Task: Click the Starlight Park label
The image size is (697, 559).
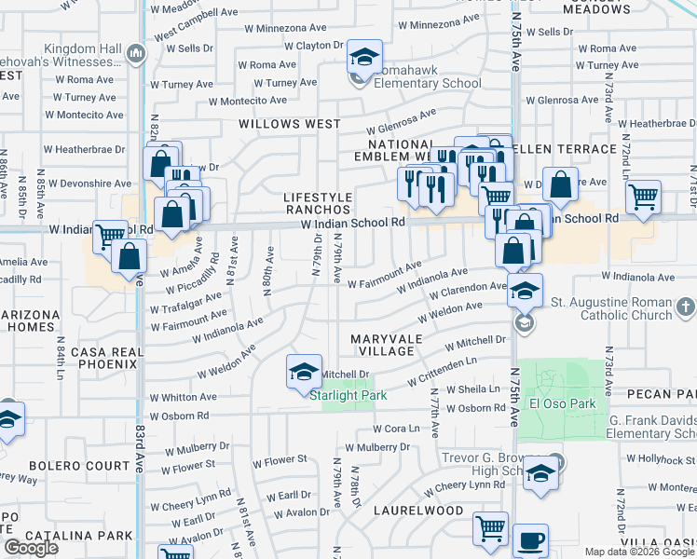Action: point(348,395)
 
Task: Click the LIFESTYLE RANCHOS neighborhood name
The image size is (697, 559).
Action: point(318,204)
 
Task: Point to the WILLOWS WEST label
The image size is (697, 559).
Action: point(277,123)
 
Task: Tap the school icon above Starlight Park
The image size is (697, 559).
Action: point(304,372)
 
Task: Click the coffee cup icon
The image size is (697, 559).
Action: point(530,539)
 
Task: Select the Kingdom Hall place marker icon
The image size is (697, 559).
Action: point(137,53)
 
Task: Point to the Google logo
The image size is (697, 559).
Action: point(31,548)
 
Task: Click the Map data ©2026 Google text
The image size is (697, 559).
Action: point(640,552)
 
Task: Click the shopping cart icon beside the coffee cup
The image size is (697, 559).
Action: point(490,528)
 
